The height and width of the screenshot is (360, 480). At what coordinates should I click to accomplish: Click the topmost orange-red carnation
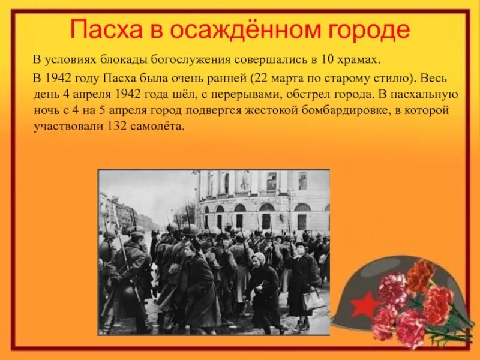420,274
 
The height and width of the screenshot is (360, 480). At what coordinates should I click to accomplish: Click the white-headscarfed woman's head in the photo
260,259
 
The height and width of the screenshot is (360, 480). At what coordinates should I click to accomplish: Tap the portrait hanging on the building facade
244,181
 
